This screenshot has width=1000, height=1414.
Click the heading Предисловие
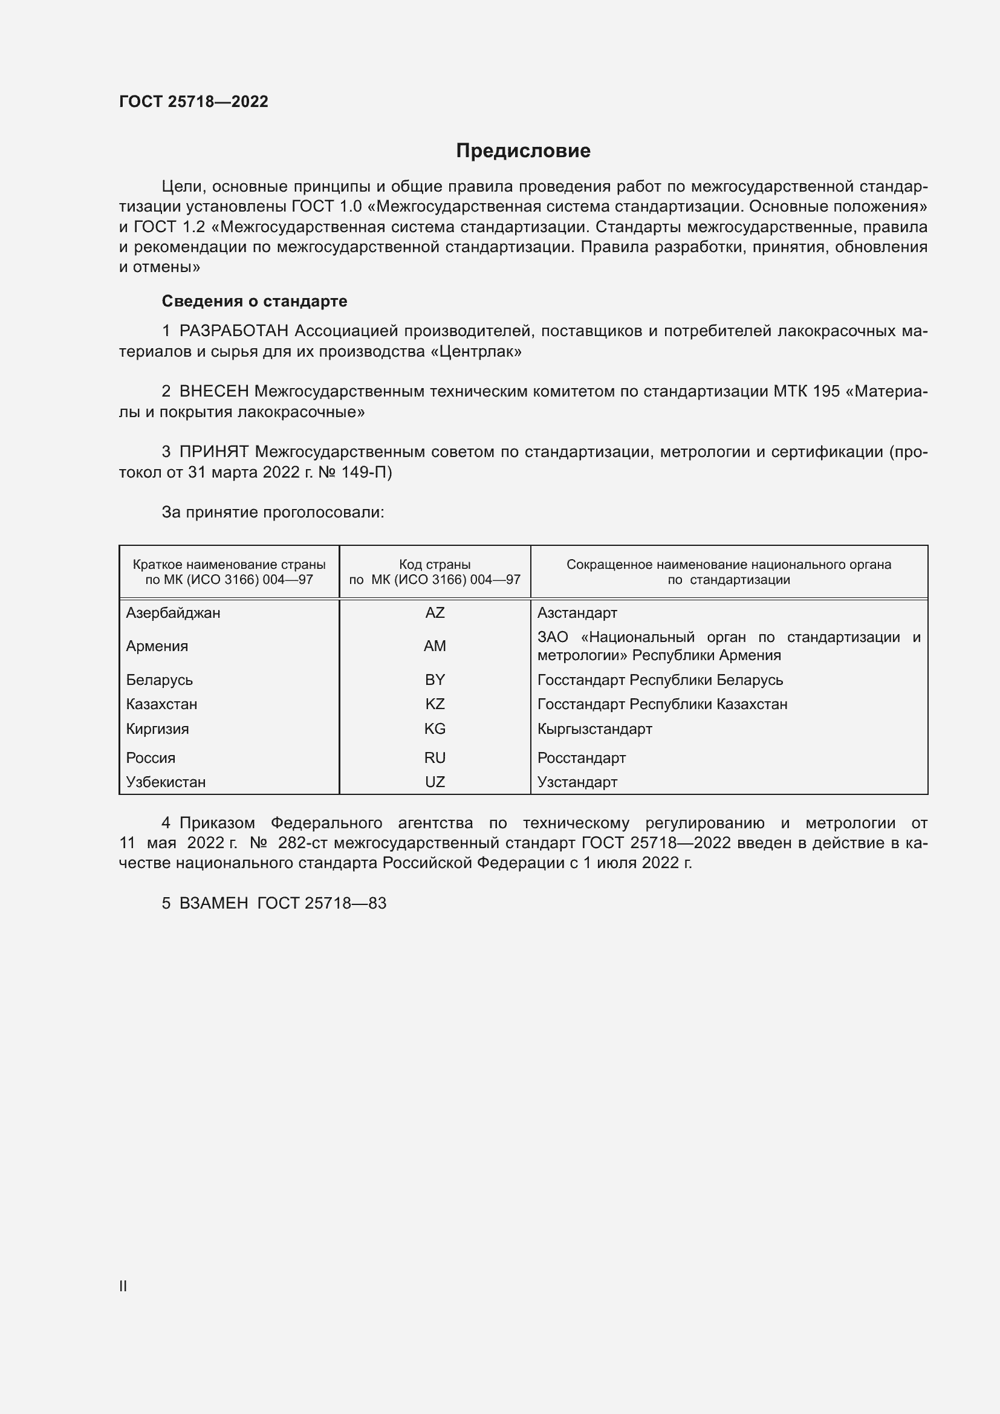pos(523,151)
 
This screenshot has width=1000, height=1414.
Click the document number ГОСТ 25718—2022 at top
pos(193,102)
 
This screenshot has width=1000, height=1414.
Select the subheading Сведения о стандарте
pos(255,301)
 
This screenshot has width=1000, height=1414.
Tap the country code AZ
pos(435,613)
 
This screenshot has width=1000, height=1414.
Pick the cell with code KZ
pos(435,704)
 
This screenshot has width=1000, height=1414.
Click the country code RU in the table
pos(435,757)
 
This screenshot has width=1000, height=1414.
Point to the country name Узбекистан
pos(166,782)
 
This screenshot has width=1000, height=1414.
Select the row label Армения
pos(157,646)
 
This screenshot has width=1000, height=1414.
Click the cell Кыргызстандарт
pos(594,729)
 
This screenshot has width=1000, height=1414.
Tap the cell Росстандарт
pos(581,758)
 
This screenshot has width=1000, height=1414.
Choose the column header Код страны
pos(435,565)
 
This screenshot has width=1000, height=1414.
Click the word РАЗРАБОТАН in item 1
pos(234,331)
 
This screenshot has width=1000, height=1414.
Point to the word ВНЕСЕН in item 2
pos(214,392)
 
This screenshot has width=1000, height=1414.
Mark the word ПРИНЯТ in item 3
pos(214,452)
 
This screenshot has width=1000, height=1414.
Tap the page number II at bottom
pos(123,1286)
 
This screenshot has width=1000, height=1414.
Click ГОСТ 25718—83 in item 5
pos(322,903)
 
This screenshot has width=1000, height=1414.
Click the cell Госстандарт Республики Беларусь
pos(660,680)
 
